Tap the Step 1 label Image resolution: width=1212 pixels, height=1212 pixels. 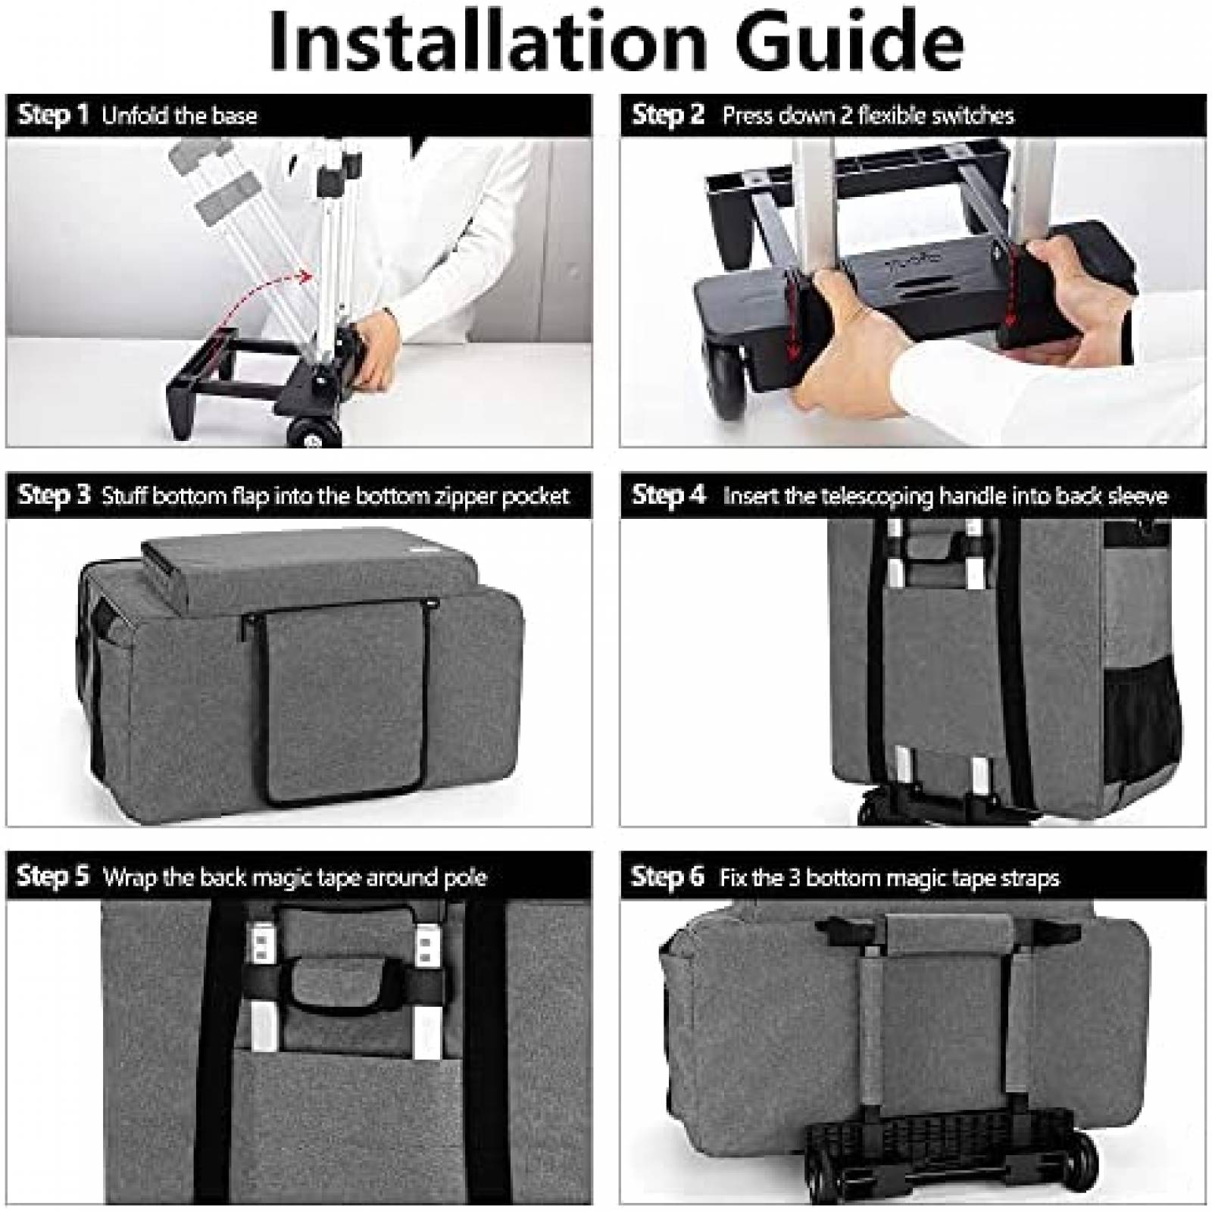tap(52, 114)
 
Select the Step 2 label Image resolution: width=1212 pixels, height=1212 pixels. tap(667, 114)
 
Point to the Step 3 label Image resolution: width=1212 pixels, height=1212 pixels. tap(53, 495)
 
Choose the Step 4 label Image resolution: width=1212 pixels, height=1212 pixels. tap(668, 495)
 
